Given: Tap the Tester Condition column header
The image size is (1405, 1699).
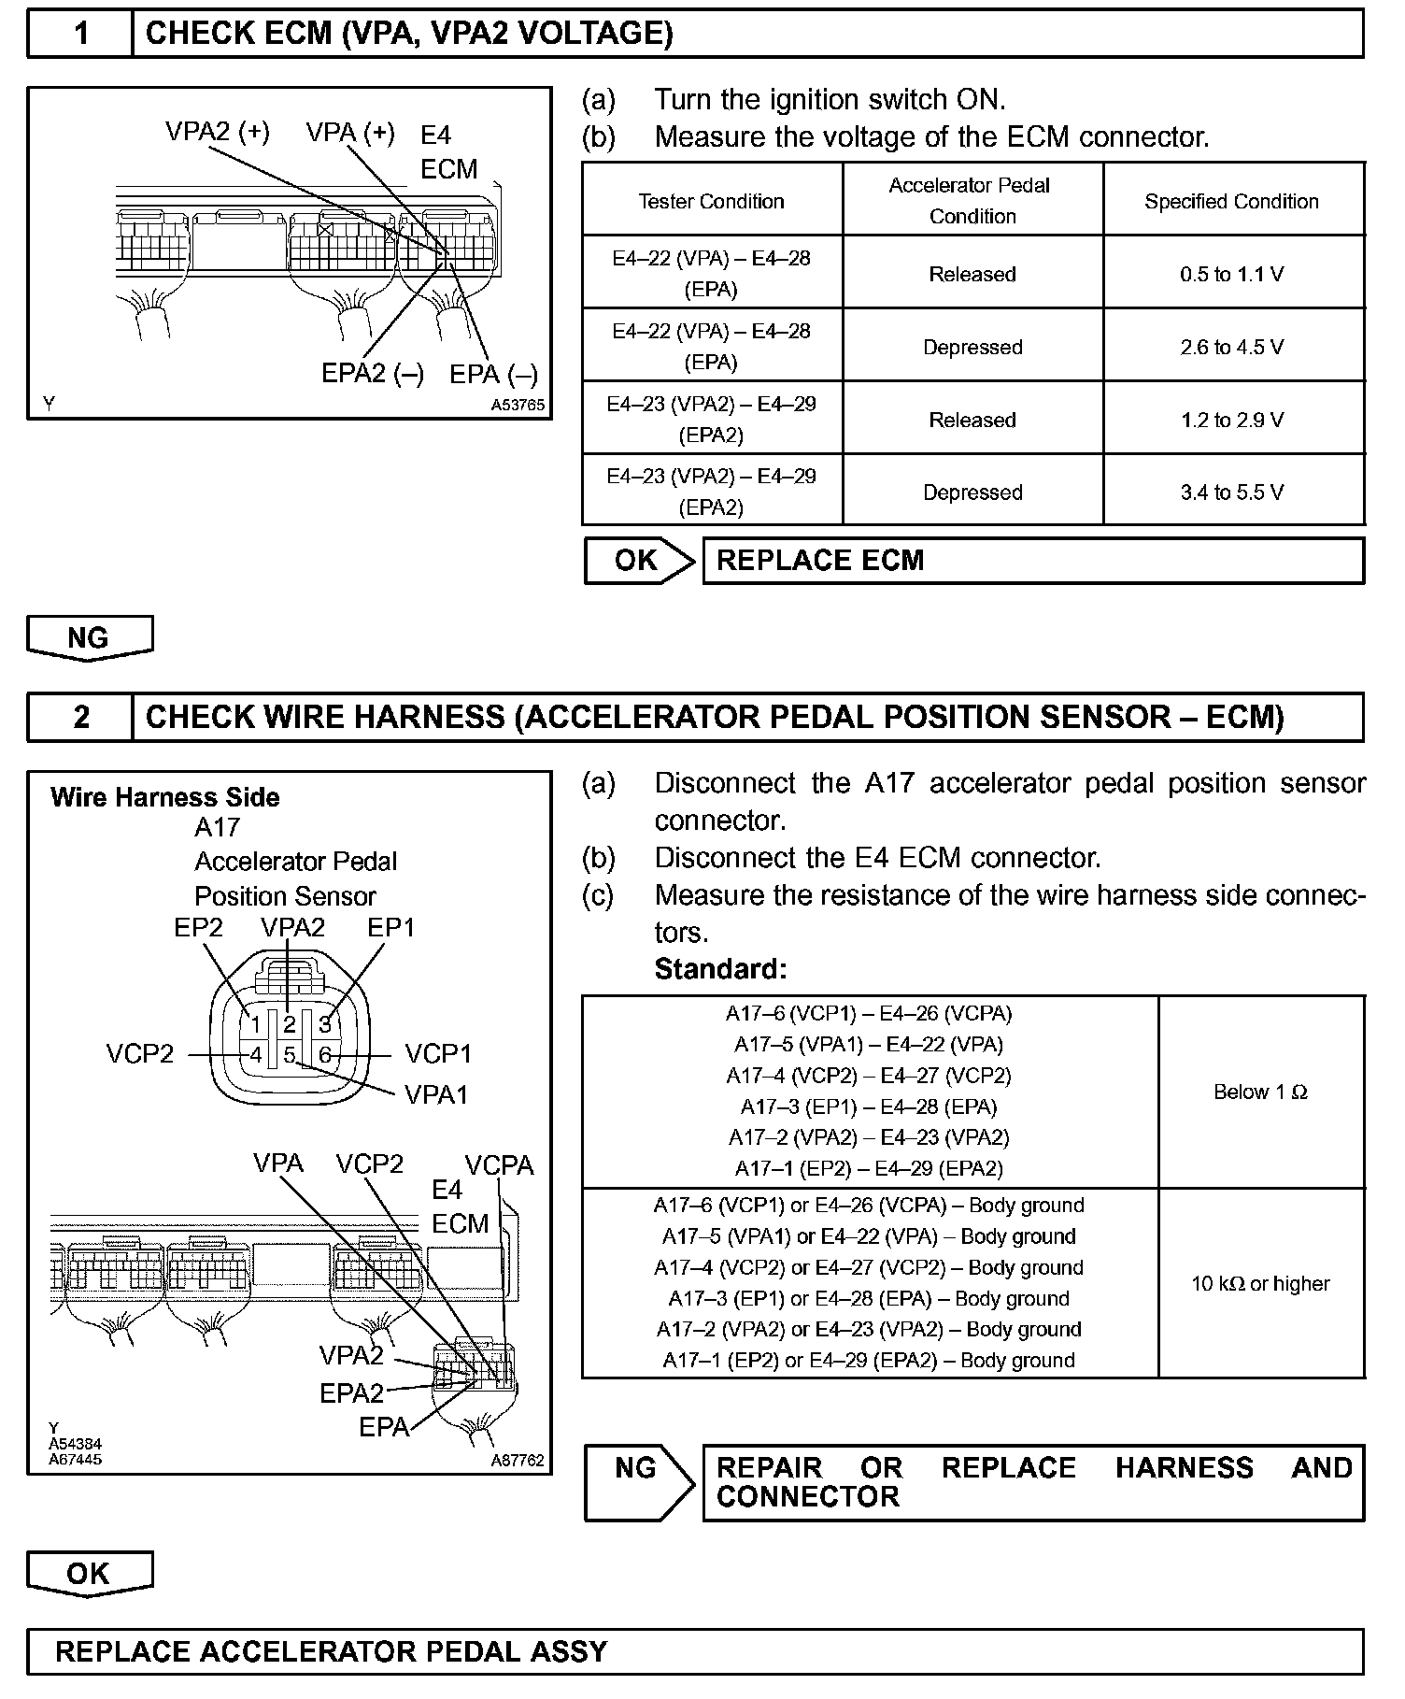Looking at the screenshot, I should pos(711,201).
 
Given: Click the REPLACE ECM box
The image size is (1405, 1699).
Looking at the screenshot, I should pos(1032,561).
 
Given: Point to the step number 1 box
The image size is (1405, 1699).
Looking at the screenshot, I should pos(81,35).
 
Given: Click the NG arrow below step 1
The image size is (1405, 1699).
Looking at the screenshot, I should pos(89,638).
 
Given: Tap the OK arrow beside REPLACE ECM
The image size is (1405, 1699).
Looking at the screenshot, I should pos(638,561).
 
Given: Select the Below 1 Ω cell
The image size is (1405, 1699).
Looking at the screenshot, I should pos(1260,1092).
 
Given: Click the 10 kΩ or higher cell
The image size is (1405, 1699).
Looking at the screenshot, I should pos(1260,1284).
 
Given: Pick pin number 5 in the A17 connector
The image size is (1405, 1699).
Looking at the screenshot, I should pos(290,1055).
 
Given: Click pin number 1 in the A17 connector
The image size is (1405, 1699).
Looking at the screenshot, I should pos(254,1024).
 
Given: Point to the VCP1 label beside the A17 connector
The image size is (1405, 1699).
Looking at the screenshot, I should pos(438,1054).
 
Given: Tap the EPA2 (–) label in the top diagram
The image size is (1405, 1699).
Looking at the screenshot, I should pos(373,374).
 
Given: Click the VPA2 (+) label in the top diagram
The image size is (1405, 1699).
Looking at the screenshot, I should pos(218,132).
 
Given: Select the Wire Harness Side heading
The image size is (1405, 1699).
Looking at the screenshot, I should pos(165,797).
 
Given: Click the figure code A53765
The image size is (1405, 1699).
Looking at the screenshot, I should pos(518,406).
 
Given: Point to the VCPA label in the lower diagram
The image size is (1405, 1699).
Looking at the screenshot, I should pos(499,1165).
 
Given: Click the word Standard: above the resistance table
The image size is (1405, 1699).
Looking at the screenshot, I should pos(720,969).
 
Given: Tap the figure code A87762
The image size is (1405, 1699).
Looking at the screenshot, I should pos(518,1461).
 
